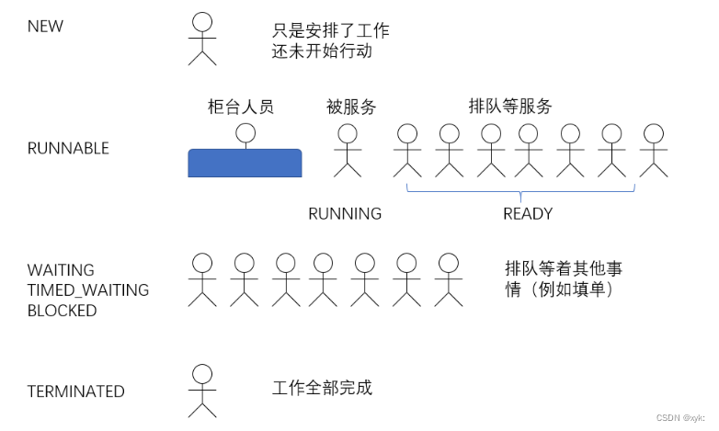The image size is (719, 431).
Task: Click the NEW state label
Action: (x=45, y=26)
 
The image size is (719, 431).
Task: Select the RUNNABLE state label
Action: (x=67, y=148)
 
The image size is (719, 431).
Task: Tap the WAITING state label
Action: (x=60, y=270)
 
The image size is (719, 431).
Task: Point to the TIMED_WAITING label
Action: (x=87, y=290)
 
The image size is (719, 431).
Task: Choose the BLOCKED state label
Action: (x=62, y=311)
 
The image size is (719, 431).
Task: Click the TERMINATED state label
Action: (x=75, y=391)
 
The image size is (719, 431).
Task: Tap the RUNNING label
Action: (x=345, y=214)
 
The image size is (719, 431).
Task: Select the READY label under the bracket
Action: (x=528, y=214)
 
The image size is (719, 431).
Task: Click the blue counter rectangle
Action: (x=245, y=163)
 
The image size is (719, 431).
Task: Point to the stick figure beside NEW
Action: (x=202, y=39)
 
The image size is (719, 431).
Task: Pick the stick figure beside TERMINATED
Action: (x=202, y=390)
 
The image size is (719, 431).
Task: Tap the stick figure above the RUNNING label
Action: (x=347, y=150)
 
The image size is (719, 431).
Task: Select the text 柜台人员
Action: (x=241, y=107)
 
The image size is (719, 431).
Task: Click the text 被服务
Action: (x=351, y=107)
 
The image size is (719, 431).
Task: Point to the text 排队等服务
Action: (x=510, y=107)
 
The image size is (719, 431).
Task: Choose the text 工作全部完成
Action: (x=322, y=388)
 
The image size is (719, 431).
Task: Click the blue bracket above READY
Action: (x=520, y=191)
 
